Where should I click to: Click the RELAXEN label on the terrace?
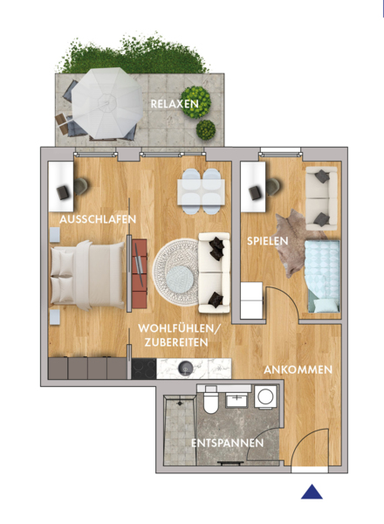(x=175, y=104)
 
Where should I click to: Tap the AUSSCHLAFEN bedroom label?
(x=98, y=219)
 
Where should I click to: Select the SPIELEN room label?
(x=267, y=241)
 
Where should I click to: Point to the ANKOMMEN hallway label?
(x=298, y=369)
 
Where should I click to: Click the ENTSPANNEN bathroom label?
(x=228, y=443)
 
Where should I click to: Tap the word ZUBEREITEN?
(x=176, y=342)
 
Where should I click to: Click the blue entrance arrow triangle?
(x=312, y=492)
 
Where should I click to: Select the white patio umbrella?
(x=107, y=102)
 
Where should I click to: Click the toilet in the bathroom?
(x=210, y=400)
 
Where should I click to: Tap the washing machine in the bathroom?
(x=266, y=396)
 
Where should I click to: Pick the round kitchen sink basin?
(x=185, y=369)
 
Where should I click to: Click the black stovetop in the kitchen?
(x=144, y=369)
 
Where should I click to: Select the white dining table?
(x=201, y=192)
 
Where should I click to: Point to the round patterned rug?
(x=176, y=272)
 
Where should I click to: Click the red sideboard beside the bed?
(x=140, y=273)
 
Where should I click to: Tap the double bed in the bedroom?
(x=86, y=275)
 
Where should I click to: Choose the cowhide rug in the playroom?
(x=294, y=244)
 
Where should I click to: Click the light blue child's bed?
(x=322, y=276)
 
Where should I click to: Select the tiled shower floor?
(x=180, y=431)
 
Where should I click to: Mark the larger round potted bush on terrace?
(x=195, y=102)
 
